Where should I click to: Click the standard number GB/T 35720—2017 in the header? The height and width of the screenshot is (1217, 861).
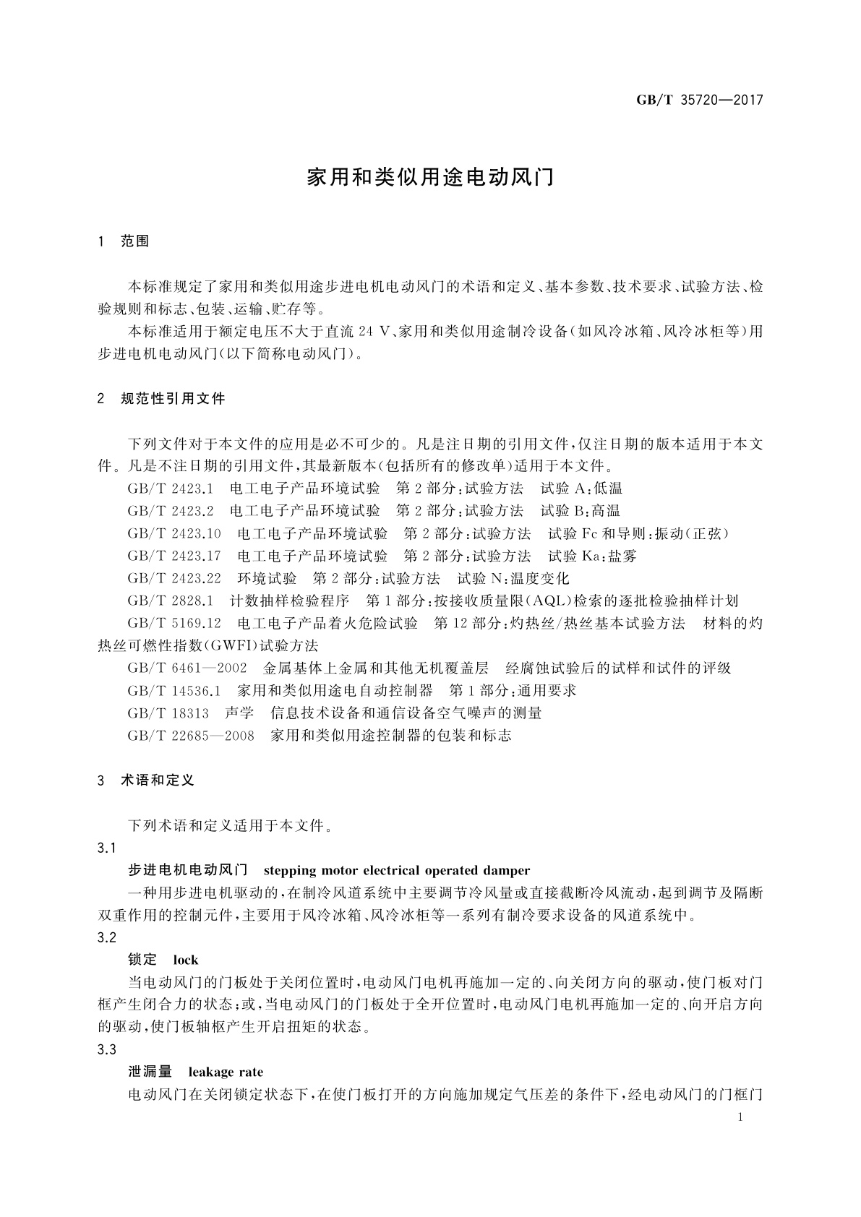tap(699, 100)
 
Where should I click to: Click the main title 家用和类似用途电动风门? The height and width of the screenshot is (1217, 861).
tap(430, 178)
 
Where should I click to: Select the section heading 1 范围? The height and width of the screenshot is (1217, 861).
tap(124, 241)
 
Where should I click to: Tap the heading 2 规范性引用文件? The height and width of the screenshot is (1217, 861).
tap(161, 399)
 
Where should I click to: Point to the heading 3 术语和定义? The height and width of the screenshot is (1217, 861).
tap(146, 780)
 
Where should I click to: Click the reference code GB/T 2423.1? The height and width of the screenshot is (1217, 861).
tap(170, 489)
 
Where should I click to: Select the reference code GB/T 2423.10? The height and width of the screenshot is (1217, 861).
tap(174, 533)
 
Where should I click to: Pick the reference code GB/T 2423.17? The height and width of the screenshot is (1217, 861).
tap(174, 556)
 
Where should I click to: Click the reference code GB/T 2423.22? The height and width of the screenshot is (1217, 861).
tap(174, 578)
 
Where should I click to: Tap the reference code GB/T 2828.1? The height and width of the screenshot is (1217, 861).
tap(170, 601)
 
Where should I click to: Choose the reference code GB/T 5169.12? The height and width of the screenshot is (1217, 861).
tap(174, 623)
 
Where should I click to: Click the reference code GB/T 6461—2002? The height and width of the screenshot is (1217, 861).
tap(187, 668)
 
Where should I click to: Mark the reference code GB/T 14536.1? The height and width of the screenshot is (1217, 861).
tap(174, 690)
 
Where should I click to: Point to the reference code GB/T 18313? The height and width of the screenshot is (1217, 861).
tap(168, 713)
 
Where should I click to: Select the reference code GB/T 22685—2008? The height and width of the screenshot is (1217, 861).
tap(190, 736)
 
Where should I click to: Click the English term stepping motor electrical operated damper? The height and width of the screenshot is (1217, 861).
tap(397, 870)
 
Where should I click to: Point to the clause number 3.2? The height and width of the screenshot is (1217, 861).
tap(106, 937)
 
